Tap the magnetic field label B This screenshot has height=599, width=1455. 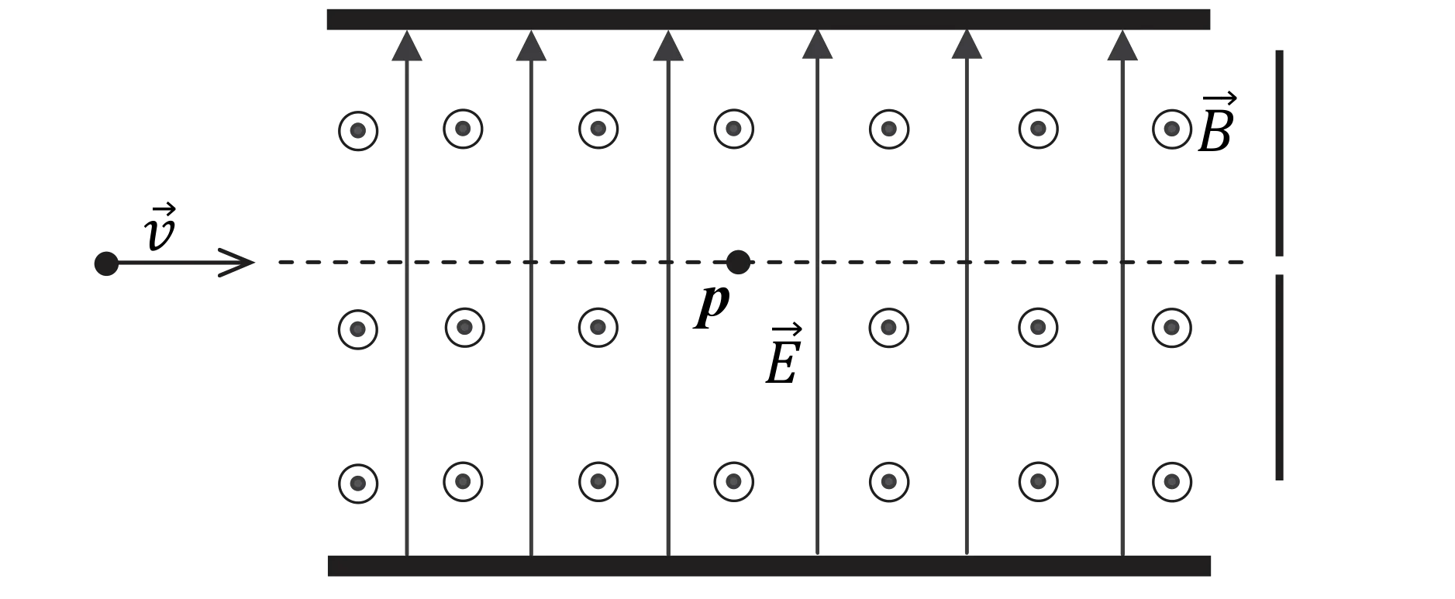(1216, 124)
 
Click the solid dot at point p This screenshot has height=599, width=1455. (737, 263)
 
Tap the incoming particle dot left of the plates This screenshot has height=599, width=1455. (106, 263)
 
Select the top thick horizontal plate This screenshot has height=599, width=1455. (768, 19)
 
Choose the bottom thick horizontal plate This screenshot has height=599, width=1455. (769, 566)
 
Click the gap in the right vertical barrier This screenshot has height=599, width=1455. (1279, 265)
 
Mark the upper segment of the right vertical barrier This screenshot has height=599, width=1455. (1279, 153)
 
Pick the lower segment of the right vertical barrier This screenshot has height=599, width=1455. (1279, 377)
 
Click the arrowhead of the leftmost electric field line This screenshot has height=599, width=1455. (407, 45)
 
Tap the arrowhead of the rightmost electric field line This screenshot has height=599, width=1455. (1122, 45)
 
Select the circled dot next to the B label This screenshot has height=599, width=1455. (1171, 129)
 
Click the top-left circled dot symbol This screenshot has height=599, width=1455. (358, 131)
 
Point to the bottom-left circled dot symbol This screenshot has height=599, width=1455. (358, 484)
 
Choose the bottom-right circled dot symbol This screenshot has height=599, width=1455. (1171, 482)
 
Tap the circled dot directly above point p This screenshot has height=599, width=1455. (733, 129)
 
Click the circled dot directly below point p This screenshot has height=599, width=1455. (733, 482)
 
